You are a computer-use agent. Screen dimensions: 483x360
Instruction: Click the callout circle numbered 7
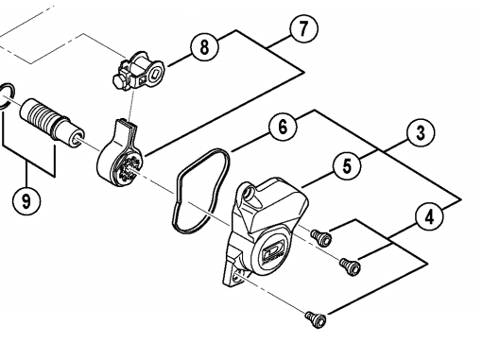[303, 28]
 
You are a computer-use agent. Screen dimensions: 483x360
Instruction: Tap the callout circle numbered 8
[204, 47]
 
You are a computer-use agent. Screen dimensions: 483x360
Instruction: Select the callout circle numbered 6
[283, 127]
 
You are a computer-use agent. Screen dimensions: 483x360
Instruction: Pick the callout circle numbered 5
[347, 165]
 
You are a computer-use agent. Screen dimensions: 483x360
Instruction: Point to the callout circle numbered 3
[421, 132]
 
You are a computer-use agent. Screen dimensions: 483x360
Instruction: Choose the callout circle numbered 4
[429, 216]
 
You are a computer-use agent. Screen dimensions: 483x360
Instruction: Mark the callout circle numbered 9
[26, 200]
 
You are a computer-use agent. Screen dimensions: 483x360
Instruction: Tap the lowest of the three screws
[316, 319]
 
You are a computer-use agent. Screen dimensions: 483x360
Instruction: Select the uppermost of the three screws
[321, 238]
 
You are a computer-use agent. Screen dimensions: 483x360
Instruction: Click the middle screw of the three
[350, 266]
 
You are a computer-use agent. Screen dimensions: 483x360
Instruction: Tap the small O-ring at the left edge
[7, 96]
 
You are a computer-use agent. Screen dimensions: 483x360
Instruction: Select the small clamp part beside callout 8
[139, 71]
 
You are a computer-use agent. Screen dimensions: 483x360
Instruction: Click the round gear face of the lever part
[129, 168]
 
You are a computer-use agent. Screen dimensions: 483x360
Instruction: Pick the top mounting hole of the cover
[250, 191]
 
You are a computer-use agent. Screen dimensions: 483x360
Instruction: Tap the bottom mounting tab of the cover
[234, 276]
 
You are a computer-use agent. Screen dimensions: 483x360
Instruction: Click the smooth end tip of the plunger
[76, 137]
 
